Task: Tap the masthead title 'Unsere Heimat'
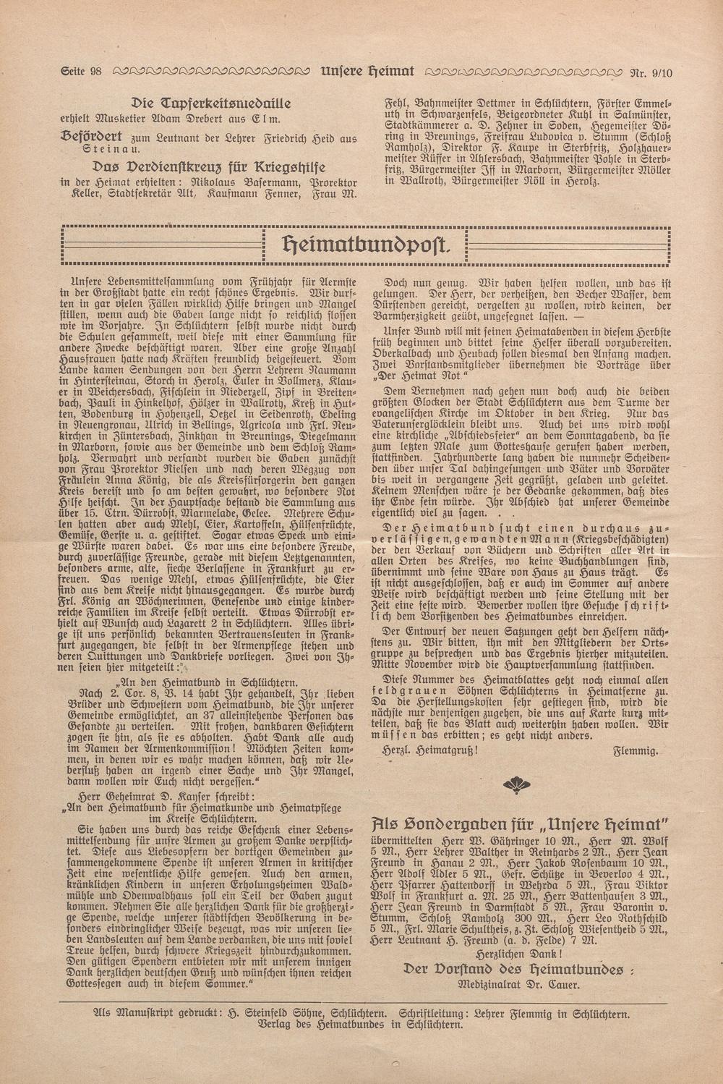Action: click(367, 72)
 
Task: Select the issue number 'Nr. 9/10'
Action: click(651, 72)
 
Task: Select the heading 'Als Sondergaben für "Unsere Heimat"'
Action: click(518, 823)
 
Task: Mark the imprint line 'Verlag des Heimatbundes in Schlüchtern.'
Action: click(360, 1025)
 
